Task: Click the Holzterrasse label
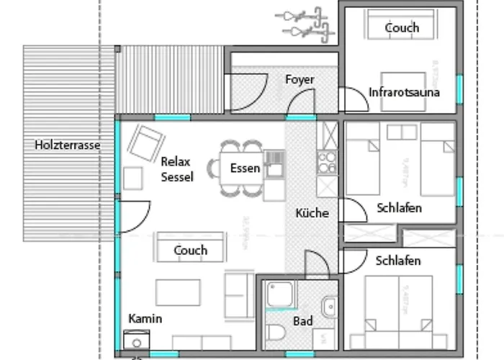(x=67, y=145)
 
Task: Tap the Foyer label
(x=300, y=79)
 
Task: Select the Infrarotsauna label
(x=404, y=92)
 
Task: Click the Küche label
(x=312, y=213)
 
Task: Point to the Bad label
(x=303, y=321)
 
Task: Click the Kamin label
(x=145, y=318)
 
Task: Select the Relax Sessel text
(x=177, y=169)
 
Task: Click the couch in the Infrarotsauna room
(x=401, y=27)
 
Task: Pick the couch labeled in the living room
(x=190, y=249)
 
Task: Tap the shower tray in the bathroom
(x=279, y=295)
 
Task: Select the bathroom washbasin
(x=329, y=307)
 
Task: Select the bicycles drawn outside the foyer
(x=305, y=23)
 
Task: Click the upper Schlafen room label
(x=399, y=208)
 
